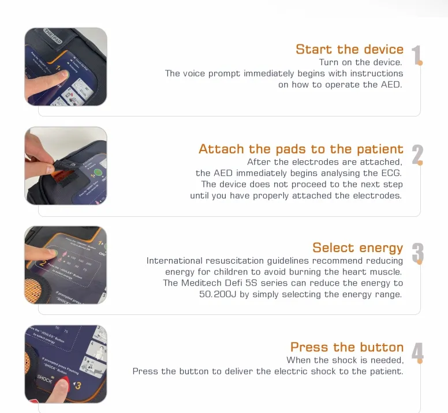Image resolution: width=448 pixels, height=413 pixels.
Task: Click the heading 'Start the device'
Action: (x=349, y=50)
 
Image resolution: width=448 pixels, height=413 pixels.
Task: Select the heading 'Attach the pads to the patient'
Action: (x=301, y=149)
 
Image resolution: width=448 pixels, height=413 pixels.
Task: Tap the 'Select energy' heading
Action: (x=357, y=248)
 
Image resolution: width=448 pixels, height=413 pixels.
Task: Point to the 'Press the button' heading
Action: (x=346, y=347)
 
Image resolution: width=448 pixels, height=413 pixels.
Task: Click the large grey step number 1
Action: (x=416, y=56)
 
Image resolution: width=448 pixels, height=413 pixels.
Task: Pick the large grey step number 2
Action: (x=417, y=155)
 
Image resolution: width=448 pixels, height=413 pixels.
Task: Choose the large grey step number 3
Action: (x=417, y=254)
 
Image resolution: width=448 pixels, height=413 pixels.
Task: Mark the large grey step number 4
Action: (x=417, y=353)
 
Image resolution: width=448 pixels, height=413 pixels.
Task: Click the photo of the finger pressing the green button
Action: (x=65, y=67)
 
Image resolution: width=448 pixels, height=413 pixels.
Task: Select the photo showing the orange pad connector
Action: (x=65, y=166)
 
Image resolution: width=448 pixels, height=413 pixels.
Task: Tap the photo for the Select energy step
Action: (x=65, y=265)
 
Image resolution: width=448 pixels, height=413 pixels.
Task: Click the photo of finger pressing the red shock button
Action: (x=65, y=364)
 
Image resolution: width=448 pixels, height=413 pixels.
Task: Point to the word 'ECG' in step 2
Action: (x=391, y=173)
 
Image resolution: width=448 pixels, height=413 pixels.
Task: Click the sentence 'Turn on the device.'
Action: (x=361, y=62)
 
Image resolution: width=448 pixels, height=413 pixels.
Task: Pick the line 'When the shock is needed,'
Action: (x=345, y=360)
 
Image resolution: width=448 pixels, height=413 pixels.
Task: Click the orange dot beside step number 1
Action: (x=421, y=63)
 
